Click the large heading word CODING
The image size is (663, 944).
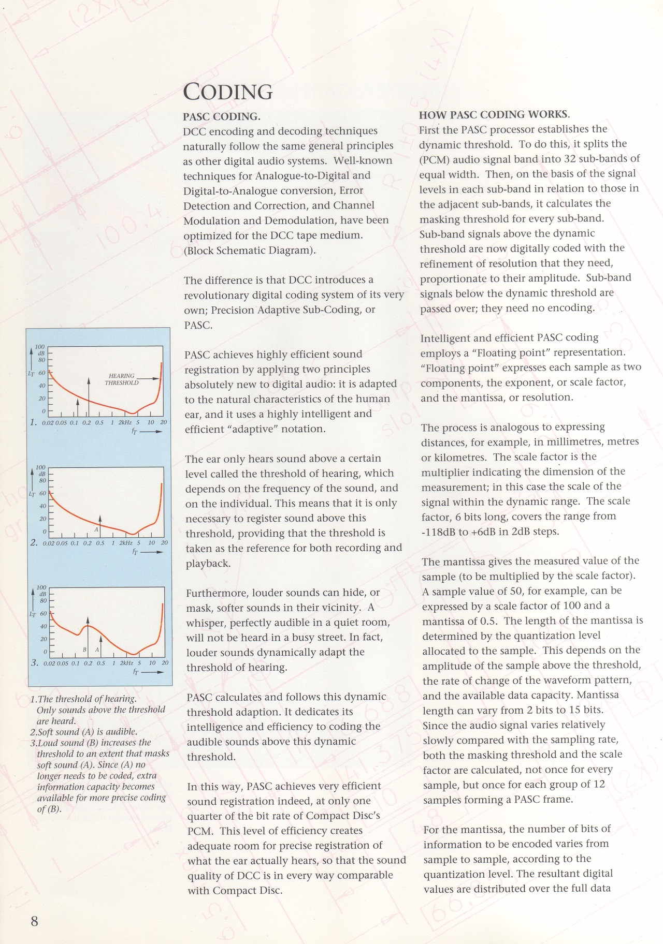228,92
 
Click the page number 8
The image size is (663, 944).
35,921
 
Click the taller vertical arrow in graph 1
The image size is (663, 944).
89,396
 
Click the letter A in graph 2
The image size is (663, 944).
96,529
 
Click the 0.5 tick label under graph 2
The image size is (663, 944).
100,543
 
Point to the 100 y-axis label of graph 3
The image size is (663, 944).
41,588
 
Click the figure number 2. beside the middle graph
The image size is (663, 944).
34,543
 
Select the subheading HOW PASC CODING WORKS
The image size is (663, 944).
494,114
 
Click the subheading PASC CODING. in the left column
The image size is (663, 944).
221,117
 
